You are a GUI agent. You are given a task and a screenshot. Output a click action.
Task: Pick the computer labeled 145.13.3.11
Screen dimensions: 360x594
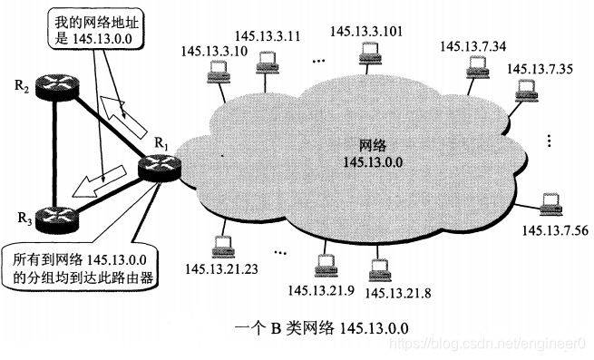click(265, 63)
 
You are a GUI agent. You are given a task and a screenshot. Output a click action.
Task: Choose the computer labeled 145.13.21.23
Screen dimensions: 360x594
click(221, 246)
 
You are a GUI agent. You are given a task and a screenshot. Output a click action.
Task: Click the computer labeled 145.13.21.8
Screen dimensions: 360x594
click(378, 268)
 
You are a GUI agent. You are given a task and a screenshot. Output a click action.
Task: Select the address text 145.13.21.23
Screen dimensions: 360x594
click(221, 268)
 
